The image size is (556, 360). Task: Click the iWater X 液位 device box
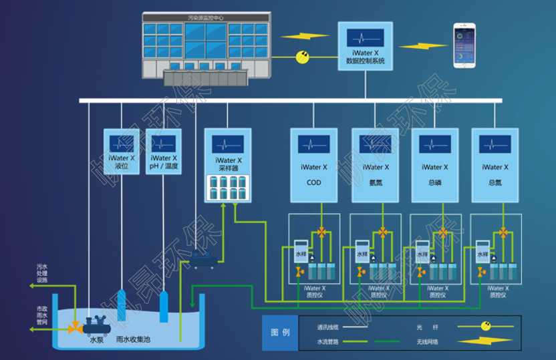click(x=122, y=152)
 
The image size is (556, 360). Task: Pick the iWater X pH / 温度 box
click(x=164, y=152)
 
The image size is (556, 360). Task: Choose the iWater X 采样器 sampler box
click(x=228, y=166)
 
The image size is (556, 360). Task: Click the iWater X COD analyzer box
click(x=313, y=165)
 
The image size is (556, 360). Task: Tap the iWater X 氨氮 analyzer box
click(x=375, y=165)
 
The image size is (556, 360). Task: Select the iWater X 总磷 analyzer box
click(x=434, y=165)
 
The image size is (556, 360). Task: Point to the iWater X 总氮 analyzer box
click(x=495, y=165)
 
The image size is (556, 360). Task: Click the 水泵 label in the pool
click(x=97, y=340)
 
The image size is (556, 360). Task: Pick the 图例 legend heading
click(x=280, y=333)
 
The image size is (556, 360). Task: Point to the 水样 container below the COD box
click(x=301, y=254)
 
